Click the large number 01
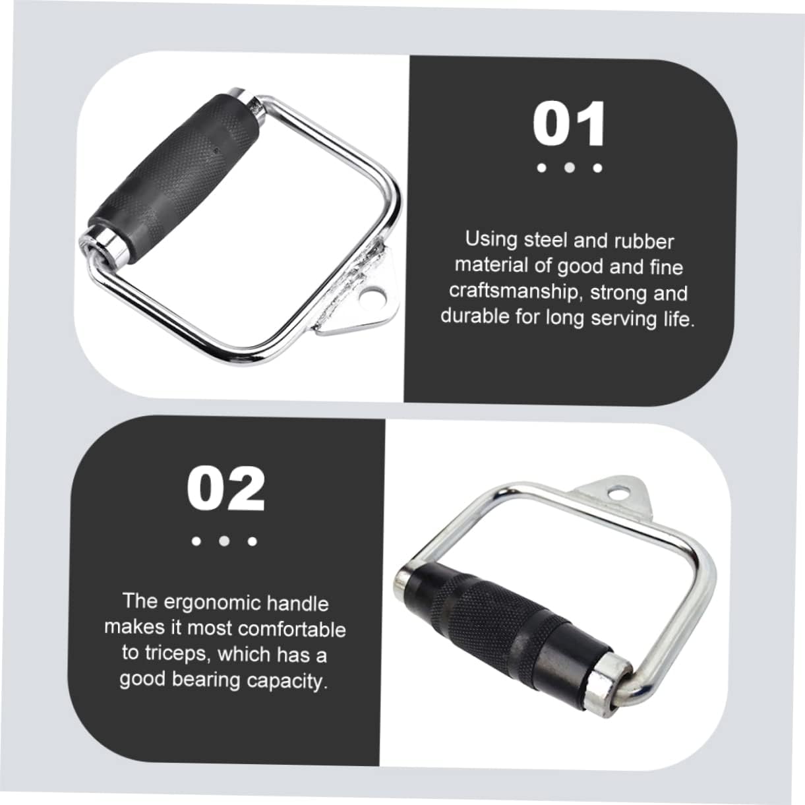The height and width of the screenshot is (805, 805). point(569,124)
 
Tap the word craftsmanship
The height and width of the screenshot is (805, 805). point(512,292)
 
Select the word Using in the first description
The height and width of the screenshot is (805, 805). point(491,241)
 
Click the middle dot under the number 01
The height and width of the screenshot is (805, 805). point(569,168)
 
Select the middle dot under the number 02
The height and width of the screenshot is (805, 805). point(224,541)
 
